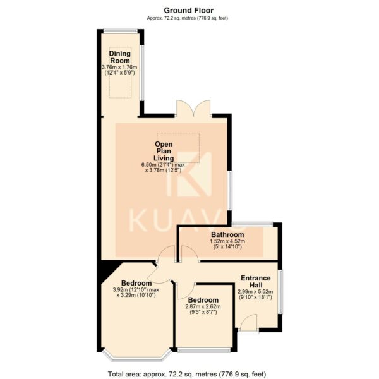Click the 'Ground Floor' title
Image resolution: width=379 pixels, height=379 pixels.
tap(188, 11)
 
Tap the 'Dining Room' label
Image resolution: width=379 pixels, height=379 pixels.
tap(120, 57)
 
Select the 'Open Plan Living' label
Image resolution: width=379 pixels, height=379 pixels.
tap(164, 151)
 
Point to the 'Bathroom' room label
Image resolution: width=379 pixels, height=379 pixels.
tap(227, 234)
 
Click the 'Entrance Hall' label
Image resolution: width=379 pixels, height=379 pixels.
tap(255, 281)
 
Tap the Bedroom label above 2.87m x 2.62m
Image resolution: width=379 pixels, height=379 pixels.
tap(203, 300)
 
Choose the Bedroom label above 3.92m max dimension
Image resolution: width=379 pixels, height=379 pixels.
tap(136, 283)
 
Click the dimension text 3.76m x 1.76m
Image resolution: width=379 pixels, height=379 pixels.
tap(119, 67)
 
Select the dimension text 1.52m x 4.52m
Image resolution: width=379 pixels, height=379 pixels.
tap(227, 241)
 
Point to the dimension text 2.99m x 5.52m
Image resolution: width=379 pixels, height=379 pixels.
tap(255, 291)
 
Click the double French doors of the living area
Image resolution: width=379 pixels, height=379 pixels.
tap(193, 109)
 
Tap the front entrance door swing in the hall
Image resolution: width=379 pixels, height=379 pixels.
tap(249, 322)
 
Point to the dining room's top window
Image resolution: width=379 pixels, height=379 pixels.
tap(121, 30)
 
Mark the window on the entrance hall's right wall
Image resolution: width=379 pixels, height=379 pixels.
tap(280, 292)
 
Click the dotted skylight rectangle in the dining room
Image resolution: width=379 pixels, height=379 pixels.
tap(120, 73)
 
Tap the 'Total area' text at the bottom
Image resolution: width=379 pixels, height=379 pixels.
tap(187, 374)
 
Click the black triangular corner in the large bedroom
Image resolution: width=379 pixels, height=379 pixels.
tap(107, 271)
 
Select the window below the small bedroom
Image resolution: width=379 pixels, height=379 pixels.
tap(204, 350)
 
